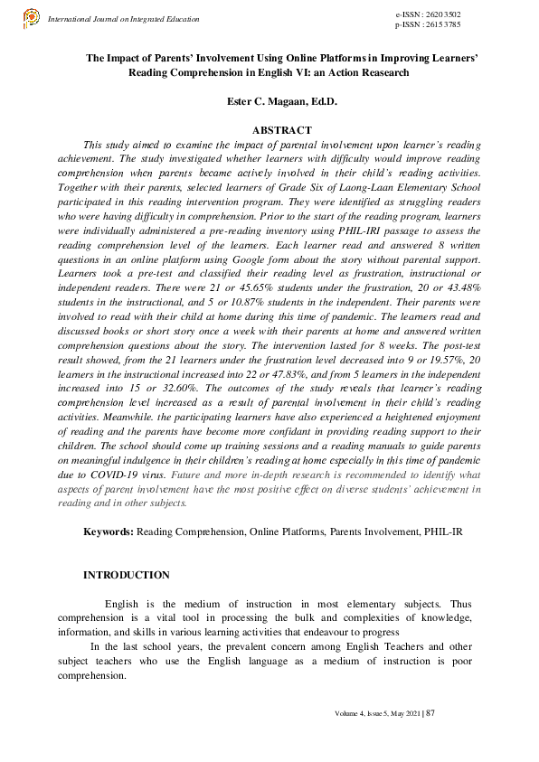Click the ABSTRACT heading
point(282,131)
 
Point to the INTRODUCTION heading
point(126,575)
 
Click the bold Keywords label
point(109,532)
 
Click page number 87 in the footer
point(431,714)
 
